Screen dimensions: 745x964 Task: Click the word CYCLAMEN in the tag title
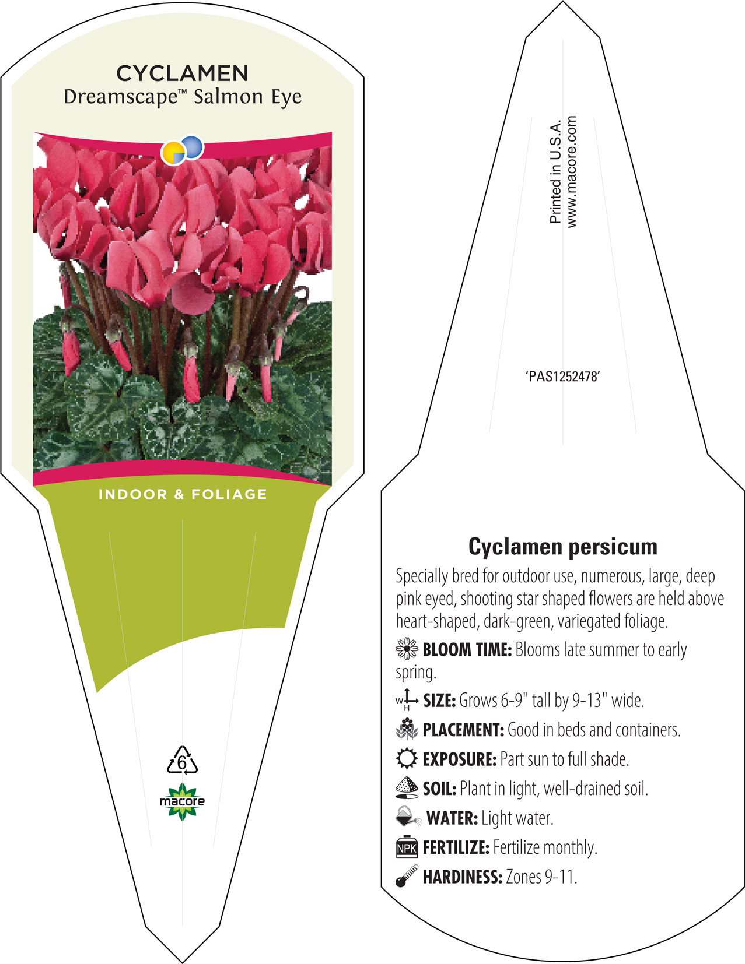pyautogui.click(x=182, y=73)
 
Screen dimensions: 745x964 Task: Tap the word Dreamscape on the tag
pyautogui.click(x=120, y=97)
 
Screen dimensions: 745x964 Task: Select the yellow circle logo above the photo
pyautogui.click(x=173, y=153)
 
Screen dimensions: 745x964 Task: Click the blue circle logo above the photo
pyautogui.click(x=193, y=147)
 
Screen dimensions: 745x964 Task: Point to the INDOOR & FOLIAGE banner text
pyautogui.click(x=183, y=494)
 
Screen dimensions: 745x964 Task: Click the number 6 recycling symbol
pyautogui.click(x=182, y=759)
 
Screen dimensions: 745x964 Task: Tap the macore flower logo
pyautogui.click(x=182, y=801)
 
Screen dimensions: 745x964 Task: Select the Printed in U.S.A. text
pyautogui.click(x=555, y=171)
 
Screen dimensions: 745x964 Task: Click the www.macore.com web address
pyautogui.click(x=571, y=172)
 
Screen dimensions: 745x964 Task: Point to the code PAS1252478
pyautogui.click(x=563, y=377)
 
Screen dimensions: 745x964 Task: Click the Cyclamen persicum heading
pyautogui.click(x=563, y=547)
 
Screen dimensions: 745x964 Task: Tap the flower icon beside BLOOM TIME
pyautogui.click(x=407, y=649)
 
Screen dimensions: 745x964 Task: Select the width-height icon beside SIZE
pyautogui.click(x=407, y=699)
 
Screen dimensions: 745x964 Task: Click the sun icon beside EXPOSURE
pyautogui.click(x=407, y=759)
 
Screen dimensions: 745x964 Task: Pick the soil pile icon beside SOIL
pyautogui.click(x=407, y=788)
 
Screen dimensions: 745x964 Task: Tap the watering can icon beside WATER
pyautogui.click(x=408, y=817)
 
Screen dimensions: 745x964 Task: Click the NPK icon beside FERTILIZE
pyautogui.click(x=407, y=847)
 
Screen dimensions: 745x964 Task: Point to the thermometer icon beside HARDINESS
pyautogui.click(x=407, y=876)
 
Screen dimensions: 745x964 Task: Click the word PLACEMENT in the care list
pyautogui.click(x=463, y=730)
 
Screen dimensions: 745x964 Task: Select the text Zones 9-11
pyautogui.click(x=541, y=877)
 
